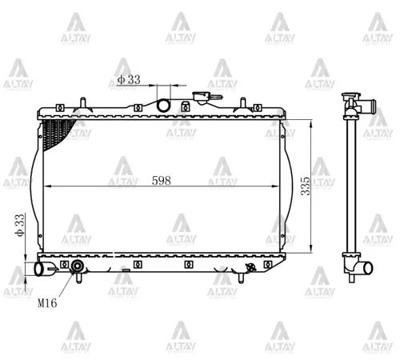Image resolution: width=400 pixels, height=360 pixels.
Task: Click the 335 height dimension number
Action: [305, 187]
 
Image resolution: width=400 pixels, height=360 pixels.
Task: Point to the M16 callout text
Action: [47, 303]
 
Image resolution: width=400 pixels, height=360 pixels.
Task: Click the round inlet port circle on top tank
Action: [165, 105]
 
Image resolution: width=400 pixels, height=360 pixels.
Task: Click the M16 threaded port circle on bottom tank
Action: [78, 267]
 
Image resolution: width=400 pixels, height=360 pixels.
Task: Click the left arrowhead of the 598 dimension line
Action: [44, 186]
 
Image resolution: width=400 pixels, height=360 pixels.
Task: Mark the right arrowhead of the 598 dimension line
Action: [280, 186]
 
